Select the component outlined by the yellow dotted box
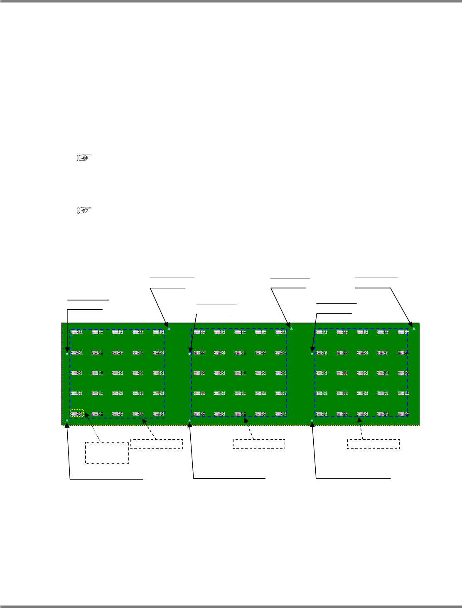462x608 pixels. (x=77, y=414)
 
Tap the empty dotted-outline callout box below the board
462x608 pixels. (x=107, y=453)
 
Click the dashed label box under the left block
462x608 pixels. (x=157, y=444)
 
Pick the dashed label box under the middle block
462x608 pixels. (x=259, y=444)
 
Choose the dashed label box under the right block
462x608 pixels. (x=374, y=444)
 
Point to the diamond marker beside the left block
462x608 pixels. (x=67, y=354)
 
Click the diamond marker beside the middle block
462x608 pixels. (x=189, y=354)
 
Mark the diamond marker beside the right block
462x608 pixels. (x=312, y=354)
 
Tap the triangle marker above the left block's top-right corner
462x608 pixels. (x=169, y=328)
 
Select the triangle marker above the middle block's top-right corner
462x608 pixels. (x=292, y=328)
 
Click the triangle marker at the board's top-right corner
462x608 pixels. (x=414, y=328)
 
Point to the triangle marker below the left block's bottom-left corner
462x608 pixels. (x=67, y=421)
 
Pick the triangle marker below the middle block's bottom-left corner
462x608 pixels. (x=189, y=421)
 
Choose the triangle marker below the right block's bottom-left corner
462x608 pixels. (x=312, y=421)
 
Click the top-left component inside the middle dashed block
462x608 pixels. (x=199, y=332)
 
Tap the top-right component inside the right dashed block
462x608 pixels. (x=403, y=332)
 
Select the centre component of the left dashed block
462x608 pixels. (x=118, y=373)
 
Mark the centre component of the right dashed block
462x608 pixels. (x=362, y=373)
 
